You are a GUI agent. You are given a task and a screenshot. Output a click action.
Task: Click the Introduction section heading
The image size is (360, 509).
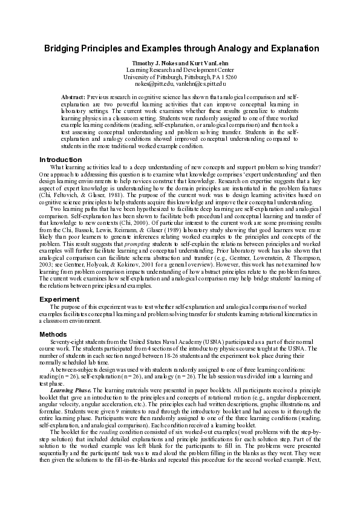[61, 160]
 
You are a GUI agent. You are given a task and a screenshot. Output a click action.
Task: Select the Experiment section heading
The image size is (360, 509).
[59, 299]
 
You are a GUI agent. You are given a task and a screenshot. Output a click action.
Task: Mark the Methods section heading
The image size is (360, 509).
[53, 334]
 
